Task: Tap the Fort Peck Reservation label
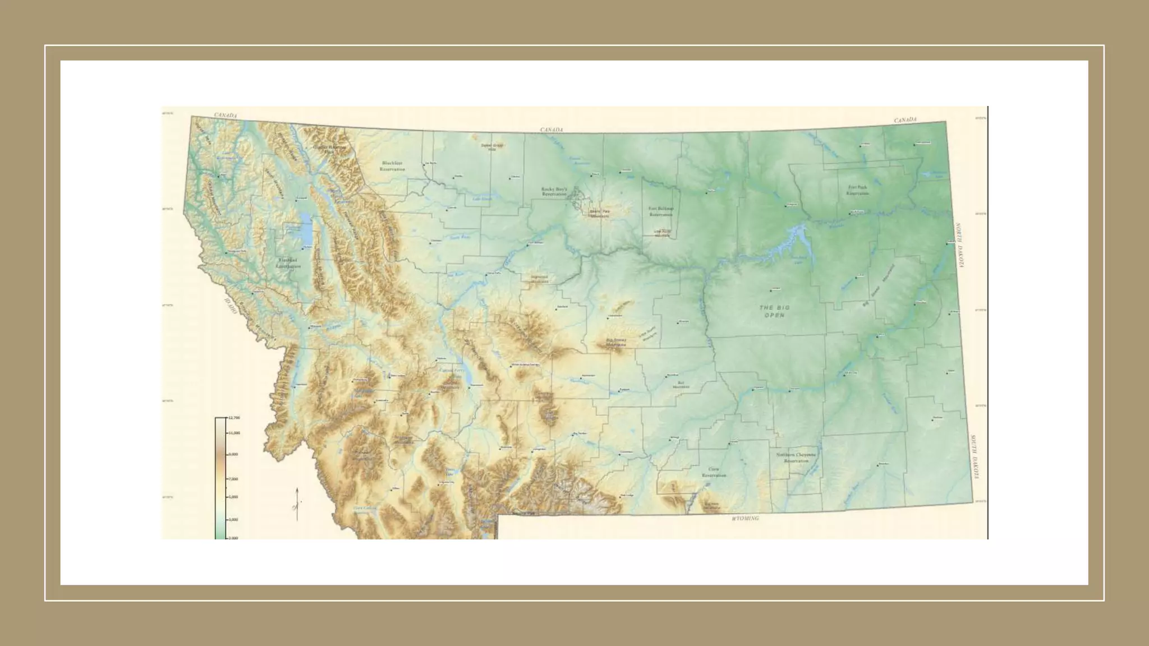pos(857,190)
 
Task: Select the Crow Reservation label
pos(714,472)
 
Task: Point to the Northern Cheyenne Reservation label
pos(796,458)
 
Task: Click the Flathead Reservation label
pos(288,263)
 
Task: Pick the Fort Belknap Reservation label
pos(661,211)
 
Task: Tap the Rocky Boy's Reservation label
pos(554,191)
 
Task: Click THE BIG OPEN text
pos(774,311)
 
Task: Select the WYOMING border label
pos(746,519)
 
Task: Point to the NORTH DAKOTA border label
pos(960,245)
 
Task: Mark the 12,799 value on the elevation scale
pos(234,418)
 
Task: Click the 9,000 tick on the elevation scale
pos(233,454)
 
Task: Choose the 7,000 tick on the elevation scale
pos(233,479)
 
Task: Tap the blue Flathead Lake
pos(306,230)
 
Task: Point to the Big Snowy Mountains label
pos(616,343)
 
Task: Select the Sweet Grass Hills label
pos(492,147)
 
